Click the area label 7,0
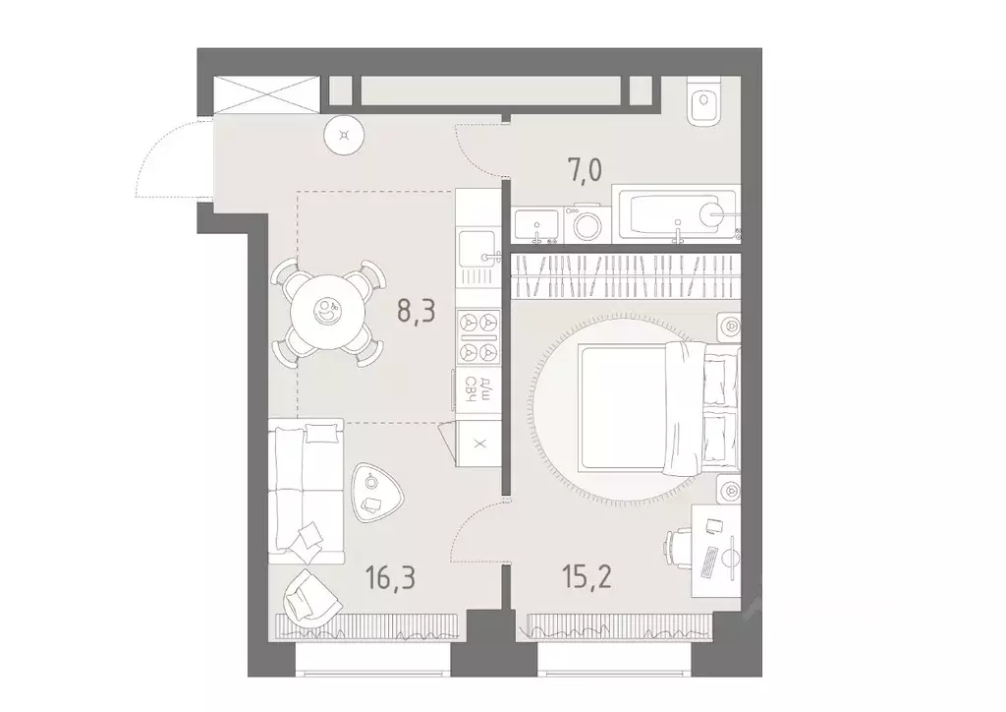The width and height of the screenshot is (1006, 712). (583, 174)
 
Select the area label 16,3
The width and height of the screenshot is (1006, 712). (391, 576)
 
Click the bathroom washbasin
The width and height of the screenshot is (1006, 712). (536, 225)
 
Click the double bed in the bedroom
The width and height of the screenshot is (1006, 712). (653, 407)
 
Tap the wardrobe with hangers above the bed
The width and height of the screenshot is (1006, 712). (626, 276)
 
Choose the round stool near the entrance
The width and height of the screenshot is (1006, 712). (343, 136)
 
